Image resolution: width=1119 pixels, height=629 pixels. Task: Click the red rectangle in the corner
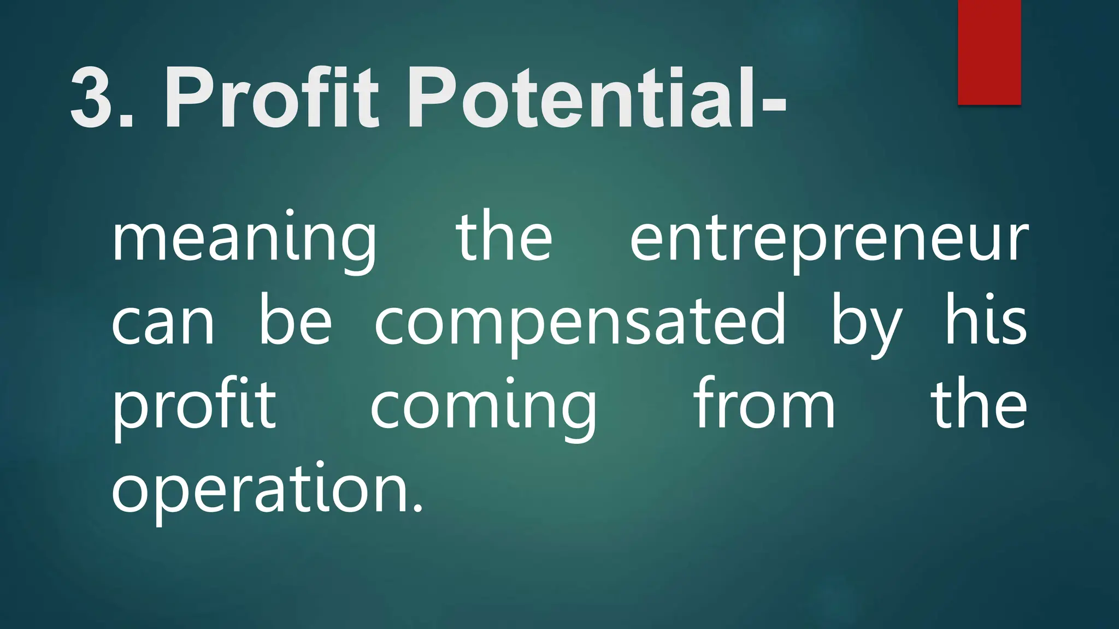(x=989, y=52)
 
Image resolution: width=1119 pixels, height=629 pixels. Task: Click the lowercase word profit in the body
(x=194, y=407)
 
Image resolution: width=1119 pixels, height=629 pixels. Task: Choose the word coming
(x=484, y=407)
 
